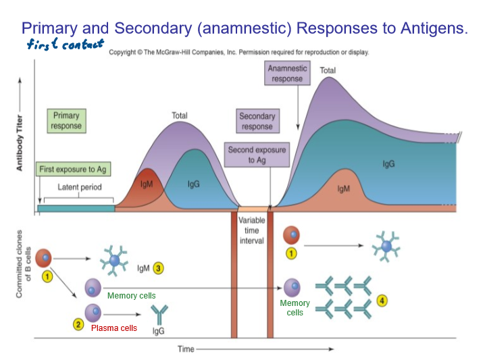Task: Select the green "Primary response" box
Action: point(66,121)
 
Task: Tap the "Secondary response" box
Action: point(257,122)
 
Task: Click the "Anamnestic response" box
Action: point(287,74)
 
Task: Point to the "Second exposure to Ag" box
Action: point(257,155)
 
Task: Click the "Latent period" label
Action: point(76,187)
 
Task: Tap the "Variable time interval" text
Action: point(252,230)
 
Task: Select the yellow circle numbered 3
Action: point(159,268)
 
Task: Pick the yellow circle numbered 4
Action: point(382,301)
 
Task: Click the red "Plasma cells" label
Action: point(114,328)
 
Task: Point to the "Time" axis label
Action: point(186,349)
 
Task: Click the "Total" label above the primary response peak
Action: point(179,115)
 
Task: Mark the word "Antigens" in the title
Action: point(432,28)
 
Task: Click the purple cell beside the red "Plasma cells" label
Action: point(93,313)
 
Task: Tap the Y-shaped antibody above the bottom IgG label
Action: point(159,313)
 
